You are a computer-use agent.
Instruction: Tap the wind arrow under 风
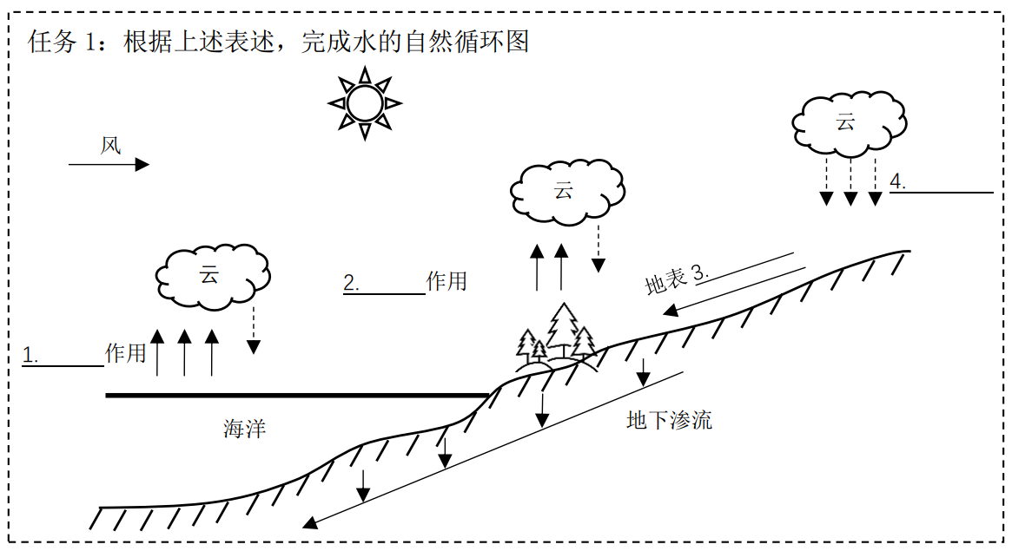[109, 164]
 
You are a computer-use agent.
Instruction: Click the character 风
[110, 145]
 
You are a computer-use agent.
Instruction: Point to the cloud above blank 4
[847, 121]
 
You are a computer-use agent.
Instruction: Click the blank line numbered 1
[63, 364]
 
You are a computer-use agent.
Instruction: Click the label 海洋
[244, 429]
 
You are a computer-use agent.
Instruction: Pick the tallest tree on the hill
[564, 328]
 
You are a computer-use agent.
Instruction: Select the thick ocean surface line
[295, 396]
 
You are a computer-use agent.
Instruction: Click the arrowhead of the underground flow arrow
[308, 523]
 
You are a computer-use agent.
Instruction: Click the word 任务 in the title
[54, 42]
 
